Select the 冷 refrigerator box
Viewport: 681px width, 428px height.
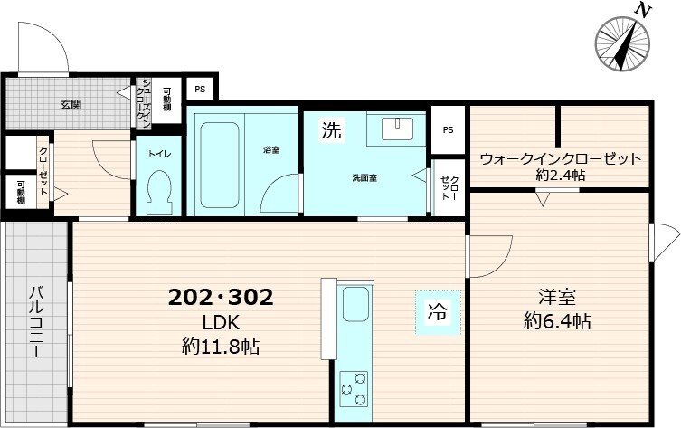[437, 314]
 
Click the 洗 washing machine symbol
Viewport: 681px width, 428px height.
[332, 130]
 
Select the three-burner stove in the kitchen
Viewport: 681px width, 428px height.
[353, 389]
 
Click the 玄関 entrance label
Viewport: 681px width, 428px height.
[71, 105]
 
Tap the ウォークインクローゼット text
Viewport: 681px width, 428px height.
[560, 158]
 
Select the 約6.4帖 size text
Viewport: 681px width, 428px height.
[559, 321]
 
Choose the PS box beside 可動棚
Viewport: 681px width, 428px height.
[200, 90]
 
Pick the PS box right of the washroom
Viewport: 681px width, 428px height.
[448, 128]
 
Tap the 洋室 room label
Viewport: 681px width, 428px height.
[559, 297]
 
